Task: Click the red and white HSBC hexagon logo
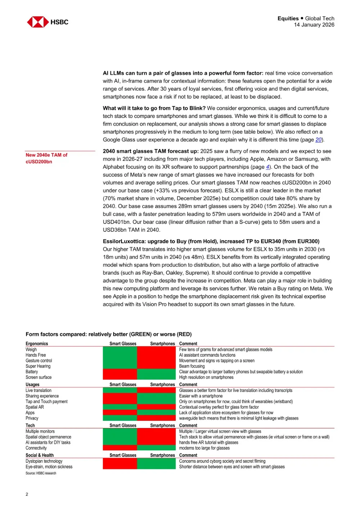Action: pyautogui.click(x=38, y=22)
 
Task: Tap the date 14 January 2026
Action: pyautogui.click(x=314, y=25)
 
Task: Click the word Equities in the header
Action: pyautogui.click(x=288, y=18)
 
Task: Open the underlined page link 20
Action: pyautogui.click(x=319, y=140)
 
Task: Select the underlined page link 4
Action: pyautogui.click(x=267, y=167)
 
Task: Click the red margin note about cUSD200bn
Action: pyautogui.click(x=46, y=158)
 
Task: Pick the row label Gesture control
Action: pyautogui.click(x=39, y=361)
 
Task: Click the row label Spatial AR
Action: pyautogui.click(x=35, y=407)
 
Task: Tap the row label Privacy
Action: pyautogui.click(x=32, y=418)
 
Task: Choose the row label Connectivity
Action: pyautogui.click(x=36, y=448)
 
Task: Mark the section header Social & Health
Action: pyautogui.click(x=40, y=455)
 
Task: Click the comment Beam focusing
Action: pyautogui.click(x=192, y=366)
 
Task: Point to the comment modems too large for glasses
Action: pyautogui.click(x=204, y=448)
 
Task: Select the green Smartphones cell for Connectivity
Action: pyautogui.click(x=156, y=448)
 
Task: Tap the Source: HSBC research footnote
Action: pyautogui.click(x=41, y=473)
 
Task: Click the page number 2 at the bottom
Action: pyautogui.click(x=27, y=494)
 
